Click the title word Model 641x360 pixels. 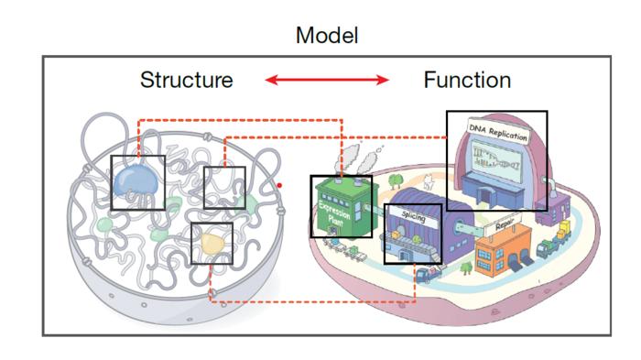pos(327,36)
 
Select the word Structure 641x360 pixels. pos(186,81)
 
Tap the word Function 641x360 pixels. pos(466,81)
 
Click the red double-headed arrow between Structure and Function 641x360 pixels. pos(327,81)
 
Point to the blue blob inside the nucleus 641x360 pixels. pos(136,180)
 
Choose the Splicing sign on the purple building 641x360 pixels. pos(413,216)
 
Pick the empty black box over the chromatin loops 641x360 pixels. pos(224,188)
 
